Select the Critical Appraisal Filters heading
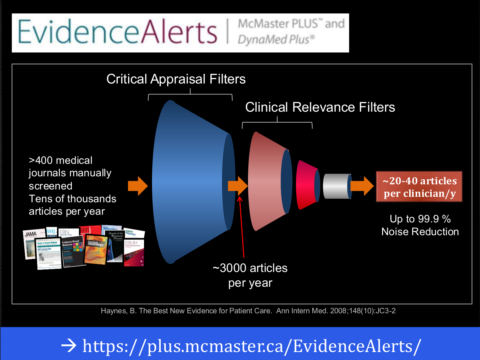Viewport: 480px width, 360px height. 176,79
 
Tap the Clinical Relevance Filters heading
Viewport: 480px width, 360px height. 320,107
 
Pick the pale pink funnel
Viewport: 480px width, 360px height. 267,181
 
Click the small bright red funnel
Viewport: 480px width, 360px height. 306,185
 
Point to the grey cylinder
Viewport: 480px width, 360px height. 336,186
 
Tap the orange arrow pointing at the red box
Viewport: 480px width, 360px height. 362,186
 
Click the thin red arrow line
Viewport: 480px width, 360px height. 242,227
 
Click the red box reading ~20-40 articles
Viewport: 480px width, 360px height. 419,187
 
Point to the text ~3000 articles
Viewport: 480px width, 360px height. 250,268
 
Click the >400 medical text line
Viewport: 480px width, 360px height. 60,160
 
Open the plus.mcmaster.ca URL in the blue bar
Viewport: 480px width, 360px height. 252,346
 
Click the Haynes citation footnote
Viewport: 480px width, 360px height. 248,311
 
